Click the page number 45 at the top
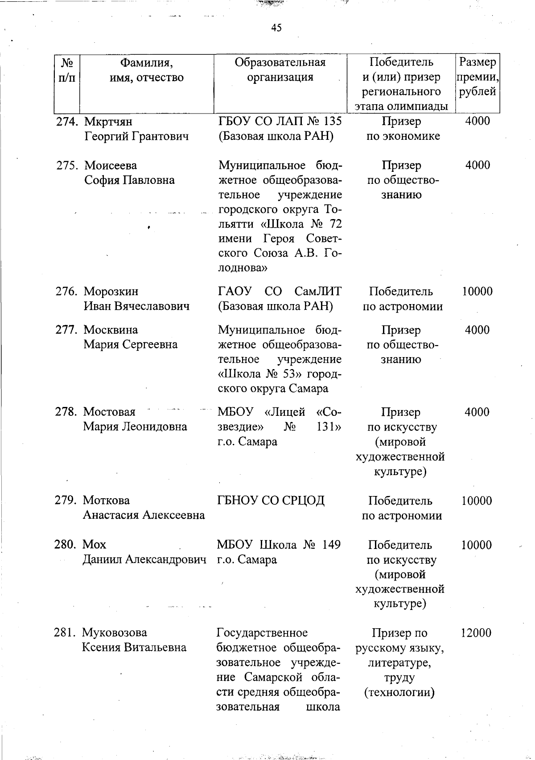tap(276, 28)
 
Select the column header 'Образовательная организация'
tap(280, 70)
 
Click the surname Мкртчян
tap(108, 122)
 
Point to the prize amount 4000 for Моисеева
tap(477, 165)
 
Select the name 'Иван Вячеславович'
tap(136, 306)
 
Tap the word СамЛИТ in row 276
tap(318, 292)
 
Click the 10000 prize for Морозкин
tap(477, 292)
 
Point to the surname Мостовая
tap(109, 412)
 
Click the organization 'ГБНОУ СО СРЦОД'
tap(271, 501)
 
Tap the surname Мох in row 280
tap(95, 545)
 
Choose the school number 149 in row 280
tap(331, 545)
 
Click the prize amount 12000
tap(476, 633)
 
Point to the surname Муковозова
tap(115, 633)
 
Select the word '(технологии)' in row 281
tap(399, 692)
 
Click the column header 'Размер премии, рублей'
tap(477, 77)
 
